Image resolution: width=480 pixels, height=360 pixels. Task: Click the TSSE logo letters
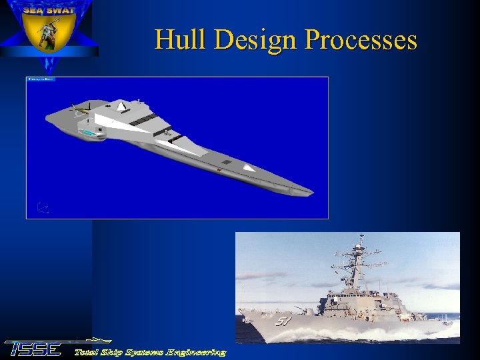pyautogui.click(x=33, y=349)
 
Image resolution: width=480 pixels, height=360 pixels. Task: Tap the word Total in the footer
pyautogui.click(x=88, y=351)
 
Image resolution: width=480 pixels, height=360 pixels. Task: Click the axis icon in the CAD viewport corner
pyautogui.click(x=42, y=208)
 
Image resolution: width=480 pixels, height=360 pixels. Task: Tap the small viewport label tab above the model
pyautogui.click(x=41, y=79)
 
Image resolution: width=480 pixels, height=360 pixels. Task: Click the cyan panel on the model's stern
pyautogui.click(x=87, y=134)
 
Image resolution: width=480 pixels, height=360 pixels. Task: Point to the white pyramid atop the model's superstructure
pyautogui.click(x=121, y=105)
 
